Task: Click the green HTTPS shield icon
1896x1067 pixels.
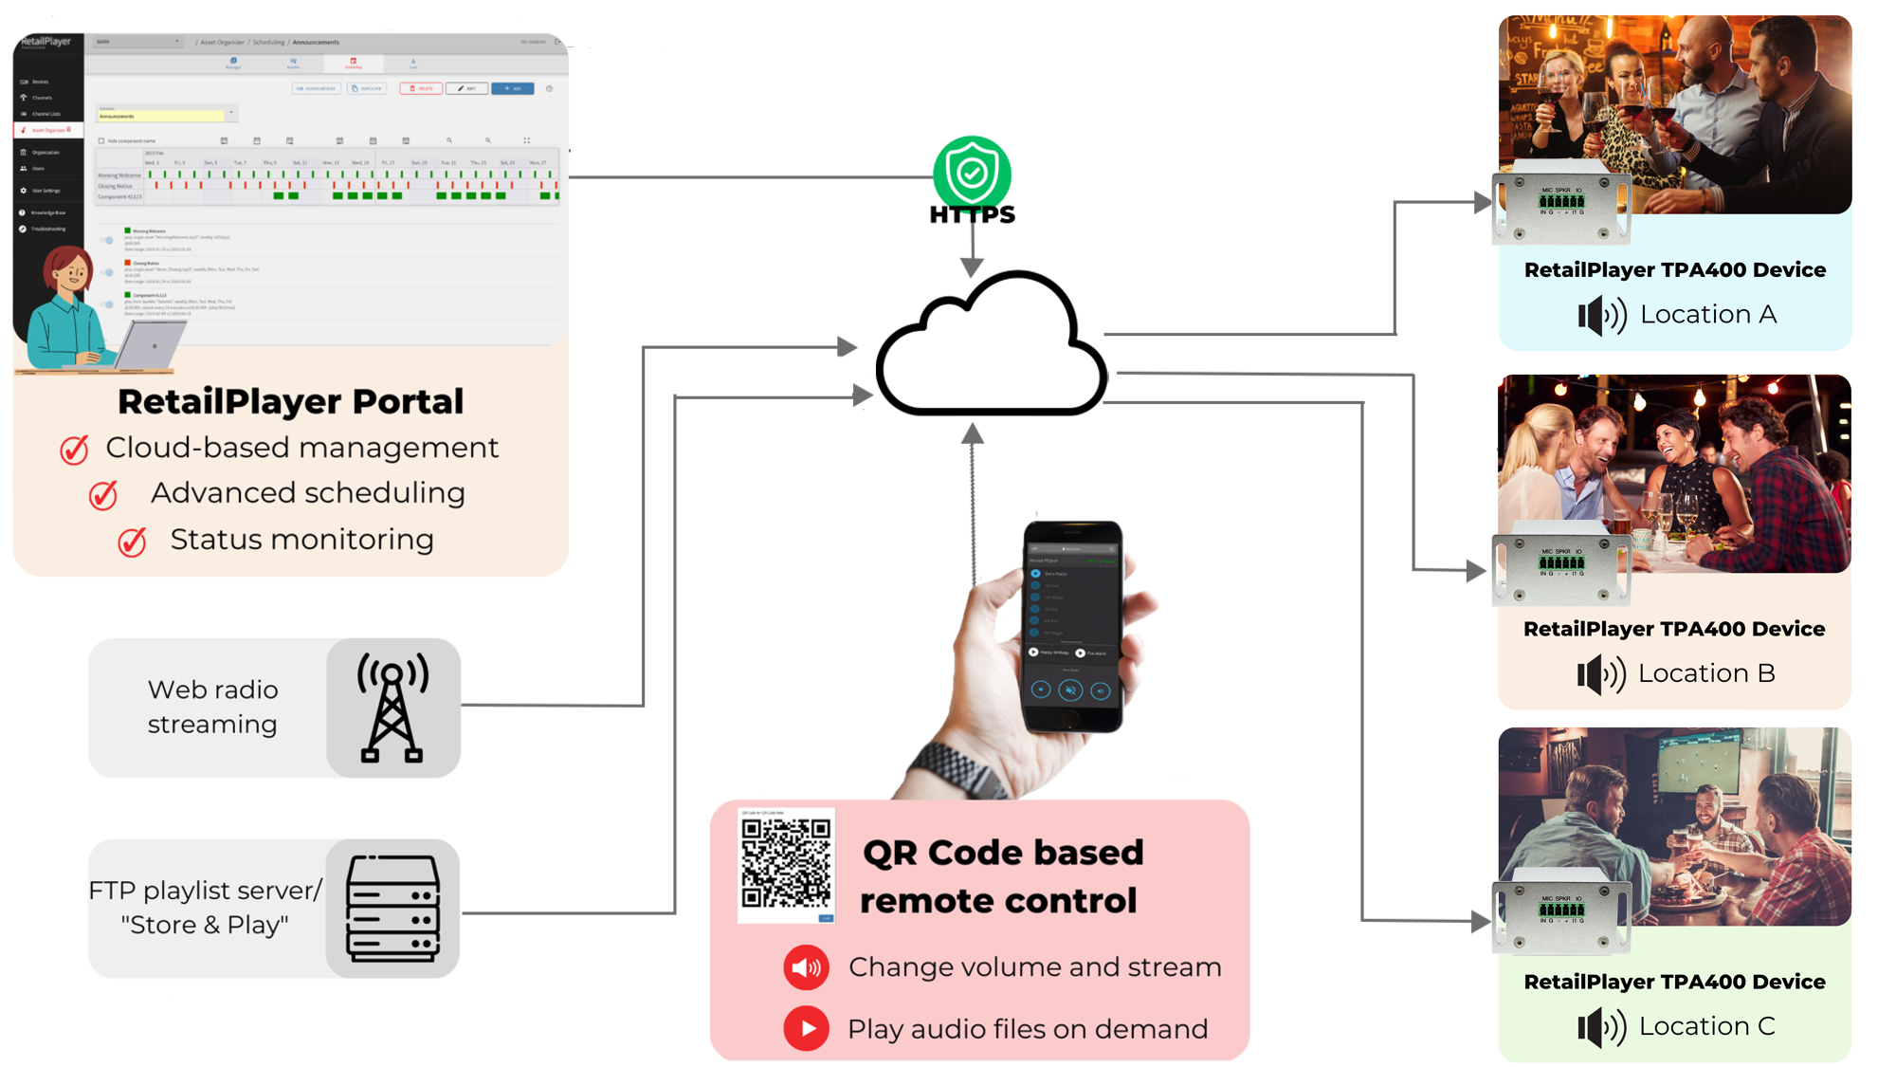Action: (972, 173)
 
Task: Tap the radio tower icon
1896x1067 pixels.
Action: (392, 708)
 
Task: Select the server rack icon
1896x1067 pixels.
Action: (393, 909)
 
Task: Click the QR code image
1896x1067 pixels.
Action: (786, 863)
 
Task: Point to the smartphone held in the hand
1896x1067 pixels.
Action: (1072, 626)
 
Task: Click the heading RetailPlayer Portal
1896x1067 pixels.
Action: (290, 401)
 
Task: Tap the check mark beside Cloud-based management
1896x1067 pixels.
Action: (75, 449)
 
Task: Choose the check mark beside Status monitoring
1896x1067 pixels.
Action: (132, 542)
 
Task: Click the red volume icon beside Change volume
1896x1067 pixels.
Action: (806, 967)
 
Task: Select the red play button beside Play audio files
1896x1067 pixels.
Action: (806, 1028)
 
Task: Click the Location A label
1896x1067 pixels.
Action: (1707, 314)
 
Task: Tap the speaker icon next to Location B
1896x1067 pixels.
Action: (1600, 674)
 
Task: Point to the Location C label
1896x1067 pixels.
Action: (1706, 1026)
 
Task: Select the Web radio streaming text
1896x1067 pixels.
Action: (212, 707)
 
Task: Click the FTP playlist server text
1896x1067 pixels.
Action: (205, 907)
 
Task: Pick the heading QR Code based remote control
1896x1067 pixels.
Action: (1001, 876)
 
